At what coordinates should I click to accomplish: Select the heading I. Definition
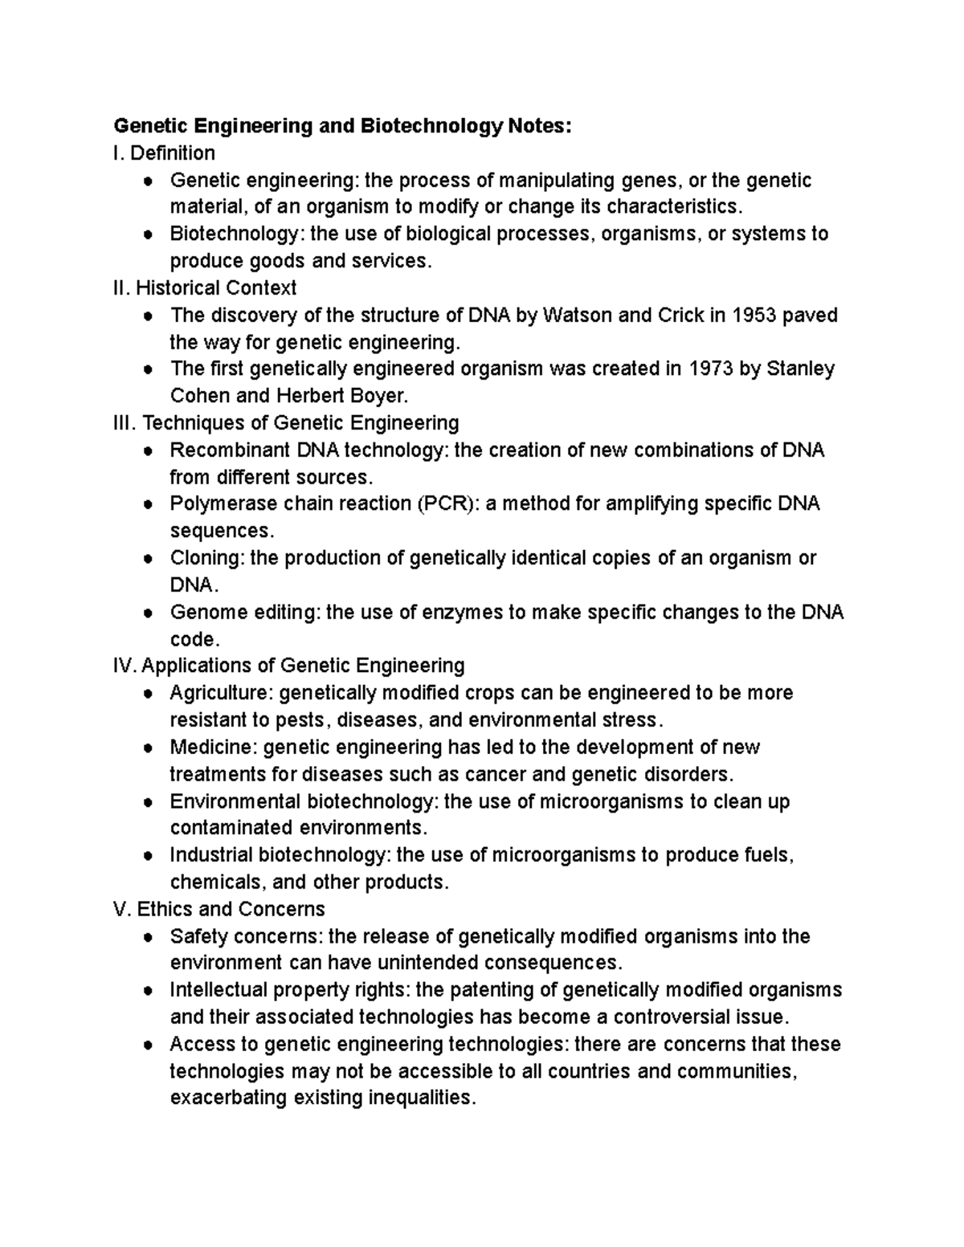pos(165,153)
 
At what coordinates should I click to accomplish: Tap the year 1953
pos(754,315)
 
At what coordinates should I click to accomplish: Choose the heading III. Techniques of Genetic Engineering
pos(287,422)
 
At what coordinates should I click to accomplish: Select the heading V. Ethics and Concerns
pos(219,909)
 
